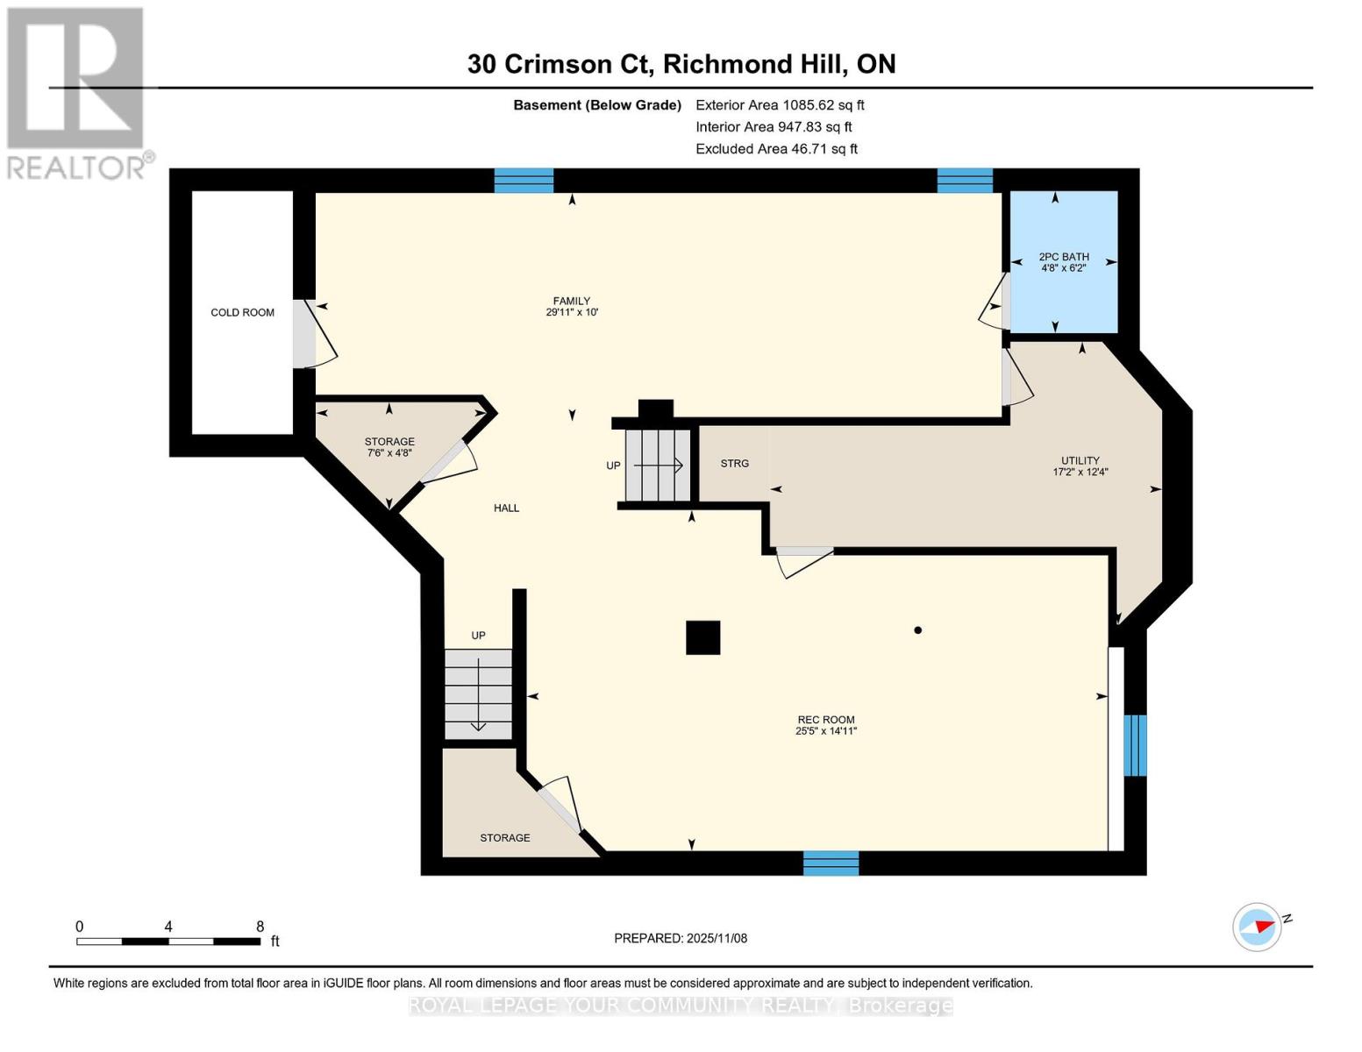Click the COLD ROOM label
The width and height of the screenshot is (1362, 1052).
point(242,312)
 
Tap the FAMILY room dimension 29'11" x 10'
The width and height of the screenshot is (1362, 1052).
point(572,312)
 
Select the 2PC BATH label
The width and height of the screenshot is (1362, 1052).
point(1064,257)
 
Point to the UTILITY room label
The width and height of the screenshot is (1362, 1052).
point(1080,460)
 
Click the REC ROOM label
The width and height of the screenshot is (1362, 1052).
point(825,720)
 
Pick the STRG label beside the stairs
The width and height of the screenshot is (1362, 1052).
point(734,464)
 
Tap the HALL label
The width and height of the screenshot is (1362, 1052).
point(506,508)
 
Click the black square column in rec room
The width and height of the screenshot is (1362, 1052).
point(702,637)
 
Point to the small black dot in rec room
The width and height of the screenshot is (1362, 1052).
point(917,629)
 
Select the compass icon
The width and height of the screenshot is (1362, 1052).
point(1258,927)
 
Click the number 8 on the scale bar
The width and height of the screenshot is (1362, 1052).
point(260,927)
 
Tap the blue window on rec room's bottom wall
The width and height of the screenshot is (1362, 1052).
point(831,863)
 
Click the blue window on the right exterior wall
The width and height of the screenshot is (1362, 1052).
point(1135,745)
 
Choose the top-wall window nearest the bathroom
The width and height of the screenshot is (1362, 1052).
point(965,181)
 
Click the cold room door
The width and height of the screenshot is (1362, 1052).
point(305,334)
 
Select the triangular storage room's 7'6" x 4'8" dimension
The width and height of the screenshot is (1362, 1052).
point(389,453)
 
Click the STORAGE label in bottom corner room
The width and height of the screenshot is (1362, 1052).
point(504,838)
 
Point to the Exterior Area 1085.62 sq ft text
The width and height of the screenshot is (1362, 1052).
point(780,105)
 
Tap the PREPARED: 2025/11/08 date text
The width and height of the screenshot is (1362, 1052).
point(681,938)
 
